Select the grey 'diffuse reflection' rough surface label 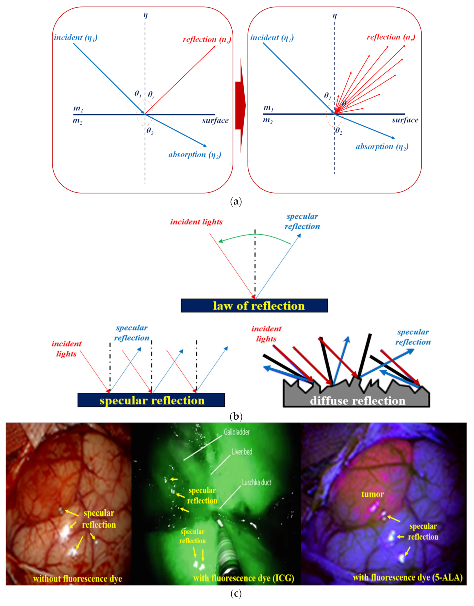coord(357,401)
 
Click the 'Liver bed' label coord(242,452)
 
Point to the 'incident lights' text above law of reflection coord(196,222)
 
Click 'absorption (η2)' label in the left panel coord(195,155)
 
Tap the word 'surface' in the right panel coord(405,120)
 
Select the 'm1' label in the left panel coord(78,108)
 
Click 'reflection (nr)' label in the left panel coord(207,40)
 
